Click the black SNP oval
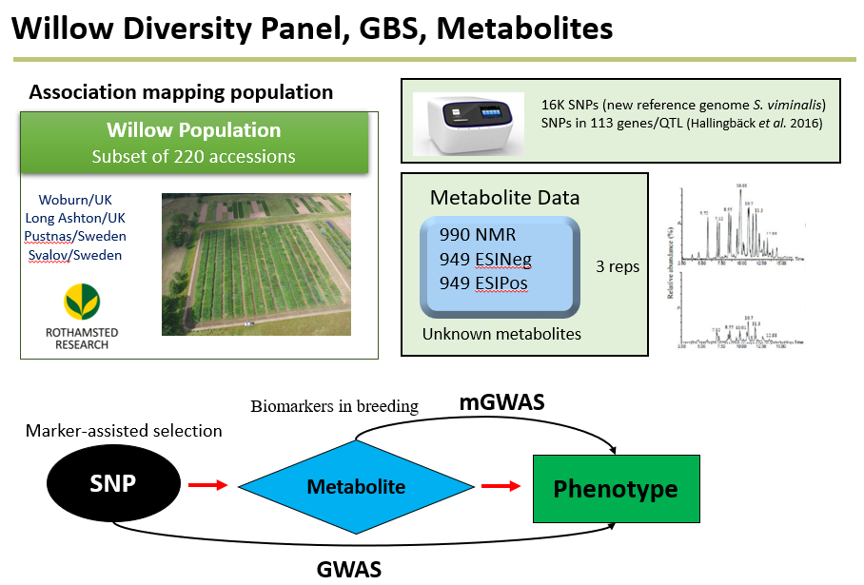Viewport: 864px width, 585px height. pyautogui.click(x=112, y=483)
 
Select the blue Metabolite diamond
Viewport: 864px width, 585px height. pyautogui.click(x=355, y=487)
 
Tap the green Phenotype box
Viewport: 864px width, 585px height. pyautogui.click(x=616, y=489)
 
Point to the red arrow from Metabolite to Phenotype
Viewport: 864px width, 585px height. pyautogui.click(x=501, y=487)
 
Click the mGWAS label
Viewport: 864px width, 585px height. pyautogui.click(x=502, y=402)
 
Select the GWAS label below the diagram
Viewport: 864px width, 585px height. pyautogui.click(x=348, y=570)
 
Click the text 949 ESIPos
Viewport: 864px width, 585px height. pyautogui.click(x=483, y=283)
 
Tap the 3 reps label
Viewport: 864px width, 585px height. pyautogui.click(x=617, y=266)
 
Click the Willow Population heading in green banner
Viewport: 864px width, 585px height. pyautogui.click(x=193, y=130)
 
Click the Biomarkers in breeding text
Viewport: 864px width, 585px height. pyautogui.click(x=334, y=406)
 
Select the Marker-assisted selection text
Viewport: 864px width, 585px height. pyautogui.click(x=124, y=431)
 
